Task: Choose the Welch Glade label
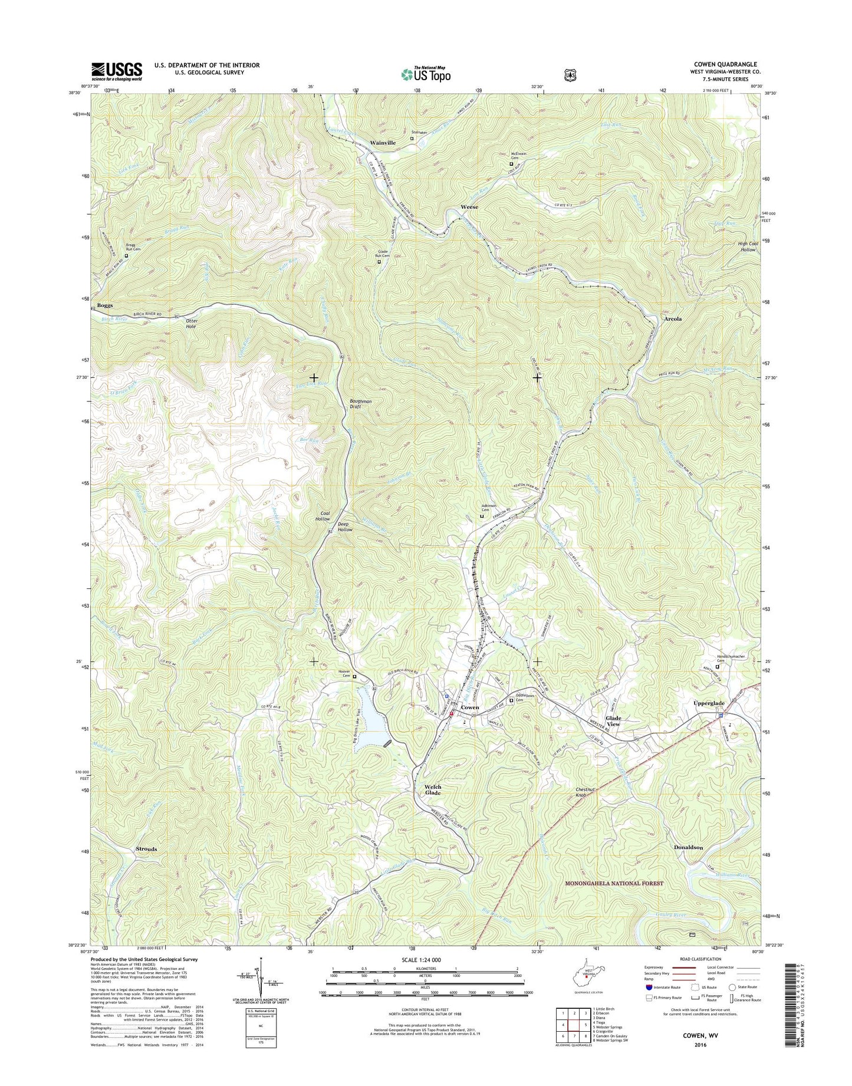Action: (x=432, y=790)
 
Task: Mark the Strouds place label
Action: (x=146, y=849)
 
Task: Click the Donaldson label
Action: (x=688, y=847)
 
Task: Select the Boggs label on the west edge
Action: (x=105, y=305)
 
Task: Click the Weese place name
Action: (x=469, y=208)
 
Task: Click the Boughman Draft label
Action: (x=359, y=404)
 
